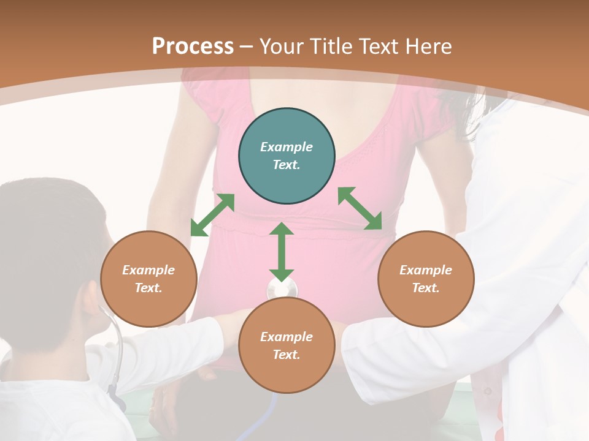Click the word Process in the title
[x=193, y=47]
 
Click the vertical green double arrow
[x=282, y=252]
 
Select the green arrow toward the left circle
[x=212, y=215]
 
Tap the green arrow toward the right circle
[x=360, y=208]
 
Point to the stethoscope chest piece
[x=282, y=289]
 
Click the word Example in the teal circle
[x=287, y=147]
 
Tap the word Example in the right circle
[x=426, y=270]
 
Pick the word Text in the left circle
[x=148, y=288]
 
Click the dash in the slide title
[x=247, y=47]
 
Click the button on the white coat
[x=488, y=390]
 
